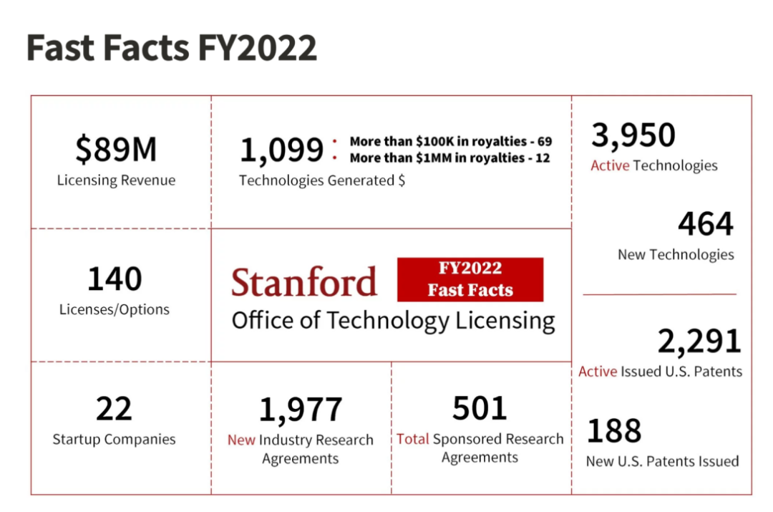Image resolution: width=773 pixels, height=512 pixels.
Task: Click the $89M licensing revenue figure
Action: pos(116,149)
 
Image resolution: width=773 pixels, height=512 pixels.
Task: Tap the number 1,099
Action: pos(281,150)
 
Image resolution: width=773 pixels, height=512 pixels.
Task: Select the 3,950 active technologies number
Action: pos(633,135)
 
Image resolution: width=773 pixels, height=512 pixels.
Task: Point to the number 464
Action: pos(705,224)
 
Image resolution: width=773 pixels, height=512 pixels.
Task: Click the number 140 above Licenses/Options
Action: pos(115,279)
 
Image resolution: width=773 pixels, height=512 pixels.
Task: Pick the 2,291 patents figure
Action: pos(699,342)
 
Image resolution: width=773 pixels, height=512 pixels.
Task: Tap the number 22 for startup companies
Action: pos(114,409)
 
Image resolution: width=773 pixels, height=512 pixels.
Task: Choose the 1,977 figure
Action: pos(301,410)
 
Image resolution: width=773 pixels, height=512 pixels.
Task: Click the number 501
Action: pos(480,408)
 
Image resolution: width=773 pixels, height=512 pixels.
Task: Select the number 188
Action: pos(614,431)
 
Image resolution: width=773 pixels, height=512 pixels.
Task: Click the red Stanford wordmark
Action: pos(304,282)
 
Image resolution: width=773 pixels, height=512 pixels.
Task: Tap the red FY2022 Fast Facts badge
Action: pos(470,279)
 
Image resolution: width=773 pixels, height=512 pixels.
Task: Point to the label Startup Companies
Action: pos(114,439)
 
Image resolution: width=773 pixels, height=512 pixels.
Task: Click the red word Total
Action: pos(413,439)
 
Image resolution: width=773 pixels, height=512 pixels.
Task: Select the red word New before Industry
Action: pos(241,440)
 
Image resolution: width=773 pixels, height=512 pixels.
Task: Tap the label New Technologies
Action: pos(676,254)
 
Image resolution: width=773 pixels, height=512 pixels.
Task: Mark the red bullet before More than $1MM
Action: pos(334,158)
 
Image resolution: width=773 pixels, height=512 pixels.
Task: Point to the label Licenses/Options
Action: pos(115,309)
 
